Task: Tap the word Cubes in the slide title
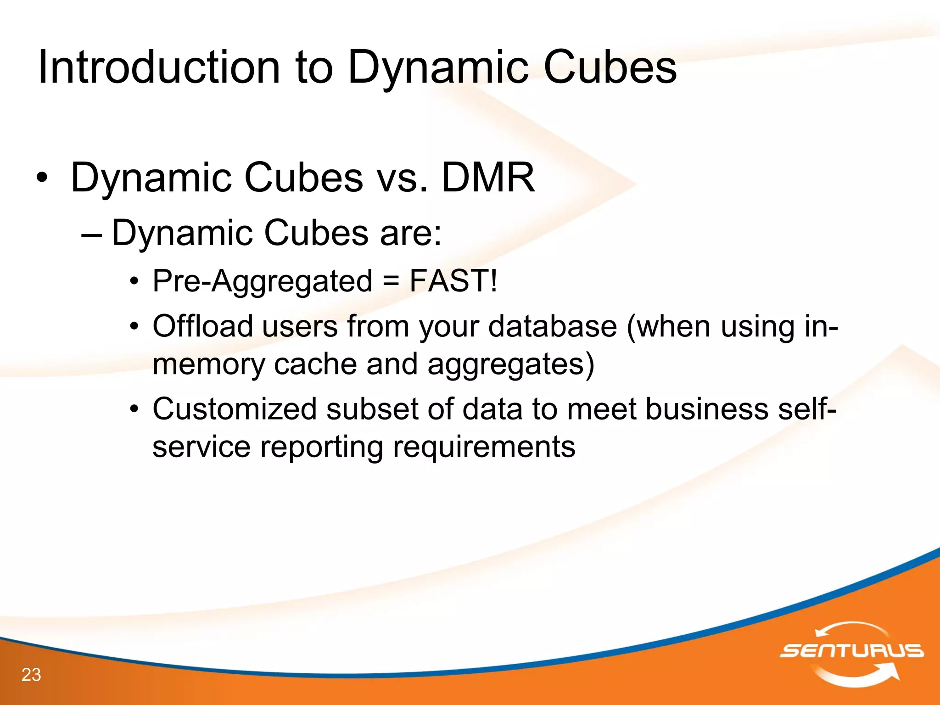[x=610, y=67]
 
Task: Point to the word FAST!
[x=453, y=281]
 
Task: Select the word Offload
[x=202, y=326]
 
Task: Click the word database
[x=553, y=326]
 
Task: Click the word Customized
[x=235, y=409]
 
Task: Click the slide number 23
[x=31, y=675]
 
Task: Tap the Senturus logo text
[x=851, y=651]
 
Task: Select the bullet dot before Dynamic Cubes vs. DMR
[x=42, y=179]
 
